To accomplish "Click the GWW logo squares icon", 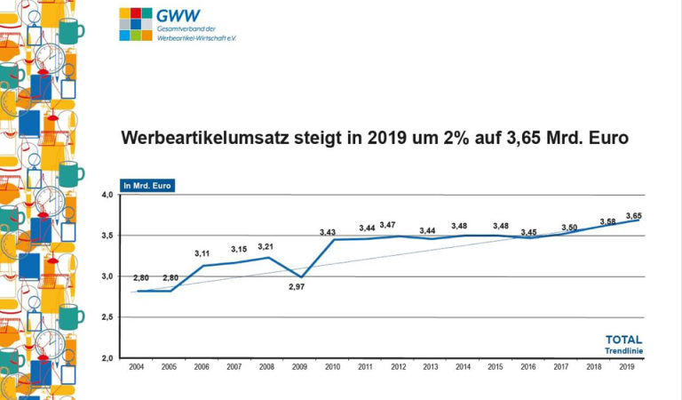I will point(136,24).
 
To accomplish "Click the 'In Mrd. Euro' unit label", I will point(147,186).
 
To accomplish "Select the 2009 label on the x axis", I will point(299,366).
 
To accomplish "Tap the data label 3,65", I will point(634,215).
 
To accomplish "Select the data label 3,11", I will point(203,253).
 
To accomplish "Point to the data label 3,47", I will point(388,225).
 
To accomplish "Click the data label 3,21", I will point(266,246).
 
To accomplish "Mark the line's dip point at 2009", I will point(300,276).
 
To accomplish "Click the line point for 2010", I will point(332,240).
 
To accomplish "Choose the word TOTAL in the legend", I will point(623,340).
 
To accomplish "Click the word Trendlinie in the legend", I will point(625,351).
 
